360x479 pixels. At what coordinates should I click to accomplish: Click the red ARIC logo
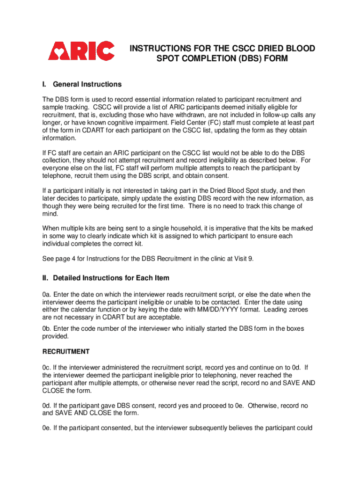[x=81, y=51]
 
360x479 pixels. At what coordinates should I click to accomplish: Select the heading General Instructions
[x=87, y=84]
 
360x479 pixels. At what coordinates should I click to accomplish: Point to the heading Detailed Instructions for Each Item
[x=111, y=278]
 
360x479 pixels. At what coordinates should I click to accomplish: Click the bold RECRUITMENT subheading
[x=66, y=351]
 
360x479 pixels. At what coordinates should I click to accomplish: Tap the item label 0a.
[x=47, y=294]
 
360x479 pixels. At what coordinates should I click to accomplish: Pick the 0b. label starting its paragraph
[x=47, y=329]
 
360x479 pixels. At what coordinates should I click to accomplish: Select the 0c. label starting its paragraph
[x=47, y=367]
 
